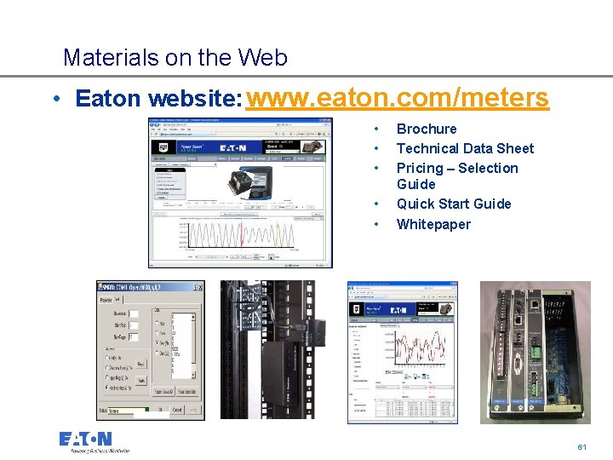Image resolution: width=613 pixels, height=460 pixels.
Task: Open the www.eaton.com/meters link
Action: pyautogui.click(x=397, y=98)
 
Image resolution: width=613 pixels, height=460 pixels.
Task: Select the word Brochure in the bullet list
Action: pyautogui.click(x=426, y=129)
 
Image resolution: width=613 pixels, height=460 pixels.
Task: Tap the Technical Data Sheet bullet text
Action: pyautogui.click(x=465, y=148)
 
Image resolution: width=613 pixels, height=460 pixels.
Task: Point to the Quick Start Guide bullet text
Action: pyautogui.click(x=454, y=204)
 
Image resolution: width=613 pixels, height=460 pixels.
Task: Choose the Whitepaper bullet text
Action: pyautogui.click(x=433, y=224)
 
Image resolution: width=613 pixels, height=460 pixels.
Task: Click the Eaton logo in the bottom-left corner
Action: pyautogui.click(x=85, y=440)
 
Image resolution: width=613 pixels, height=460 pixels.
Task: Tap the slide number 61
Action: pyautogui.click(x=582, y=447)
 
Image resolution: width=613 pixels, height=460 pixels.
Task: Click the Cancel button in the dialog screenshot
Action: pyautogui.click(x=177, y=411)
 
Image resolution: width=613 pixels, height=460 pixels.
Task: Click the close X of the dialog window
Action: pyautogui.click(x=199, y=287)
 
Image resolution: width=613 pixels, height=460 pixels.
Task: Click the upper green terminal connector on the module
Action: pyautogui.click(x=534, y=348)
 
